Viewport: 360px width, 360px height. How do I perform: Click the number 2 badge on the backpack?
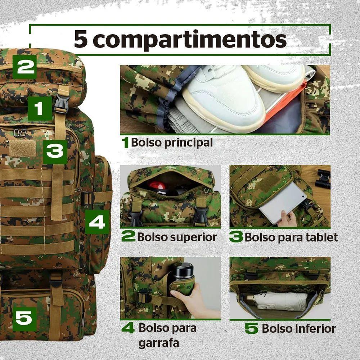click(24, 67)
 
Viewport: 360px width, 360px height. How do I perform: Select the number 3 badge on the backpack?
click(55, 152)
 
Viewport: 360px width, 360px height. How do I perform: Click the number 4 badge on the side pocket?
click(97, 221)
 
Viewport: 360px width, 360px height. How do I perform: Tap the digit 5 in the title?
click(81, 40)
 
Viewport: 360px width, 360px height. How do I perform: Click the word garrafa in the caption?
click(159, 343)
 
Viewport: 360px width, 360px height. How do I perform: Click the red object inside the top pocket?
click(157, 186)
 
